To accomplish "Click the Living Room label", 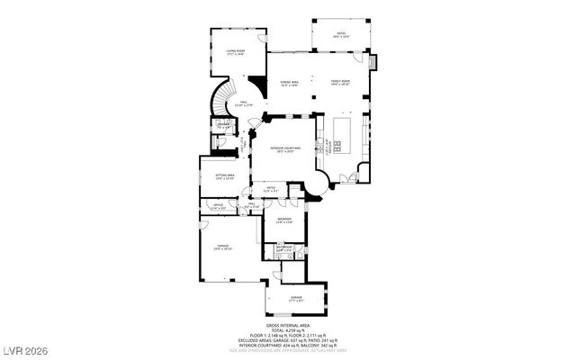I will [x=236, y=53].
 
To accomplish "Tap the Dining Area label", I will [x=289, y=83].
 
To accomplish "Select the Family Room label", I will [x=339, y=83].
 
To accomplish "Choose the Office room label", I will [x=217, y=207].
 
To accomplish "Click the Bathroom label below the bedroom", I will [x=286, y=248].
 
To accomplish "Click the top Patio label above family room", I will [x=342, y=35].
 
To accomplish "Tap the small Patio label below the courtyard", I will [x=270, y=189].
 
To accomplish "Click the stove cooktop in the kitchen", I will [x=337, y=147].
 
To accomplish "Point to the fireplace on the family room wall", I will [x=373, y=64].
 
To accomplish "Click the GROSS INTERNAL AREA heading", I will [x=288, y=325].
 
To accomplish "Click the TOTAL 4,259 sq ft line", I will [x=288, y=330].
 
